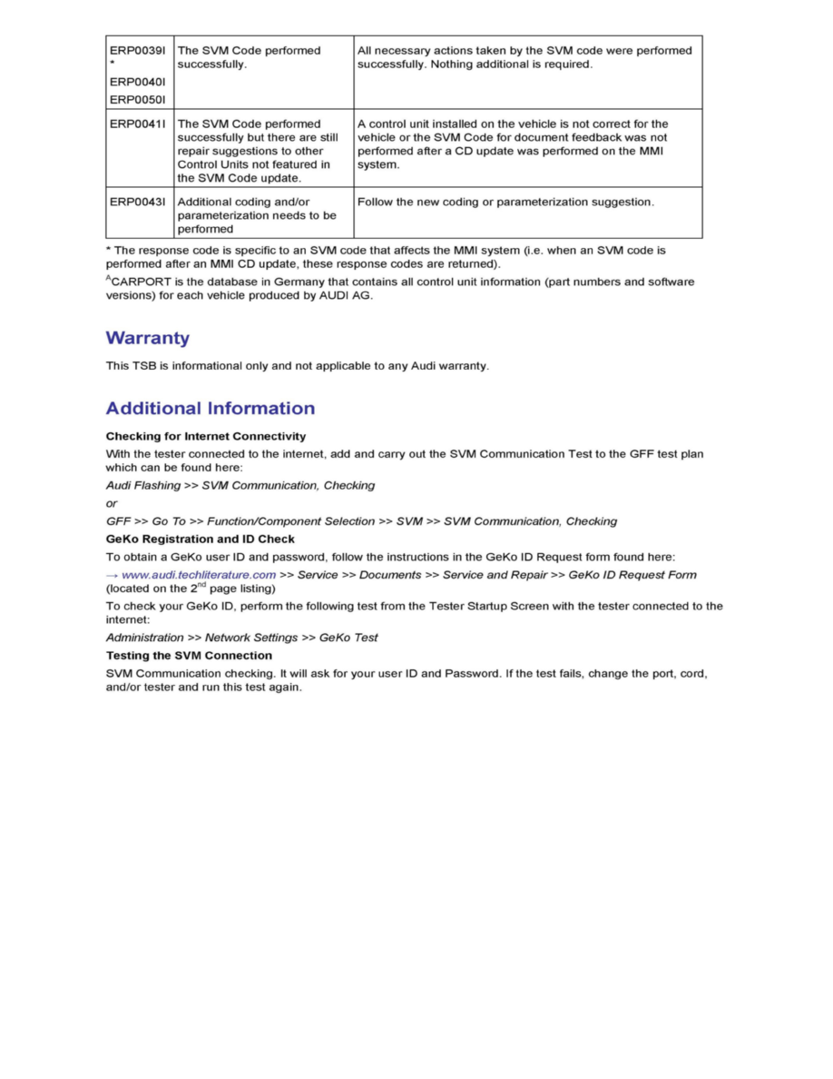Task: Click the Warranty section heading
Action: (148, 339)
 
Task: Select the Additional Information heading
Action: (211, 409)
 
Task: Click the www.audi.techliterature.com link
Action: (199, 575)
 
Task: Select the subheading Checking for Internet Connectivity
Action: (206, 437)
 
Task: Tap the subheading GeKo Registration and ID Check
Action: (201, 539)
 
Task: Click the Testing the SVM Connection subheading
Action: (189, 656)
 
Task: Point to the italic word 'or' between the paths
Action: (112, 503)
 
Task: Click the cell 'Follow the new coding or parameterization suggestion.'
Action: (505, 202)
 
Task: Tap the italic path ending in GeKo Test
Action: (242, 638)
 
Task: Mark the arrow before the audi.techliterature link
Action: (112, 575)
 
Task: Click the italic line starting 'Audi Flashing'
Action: (240, 486)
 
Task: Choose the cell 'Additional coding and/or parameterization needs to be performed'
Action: (257, 215)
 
